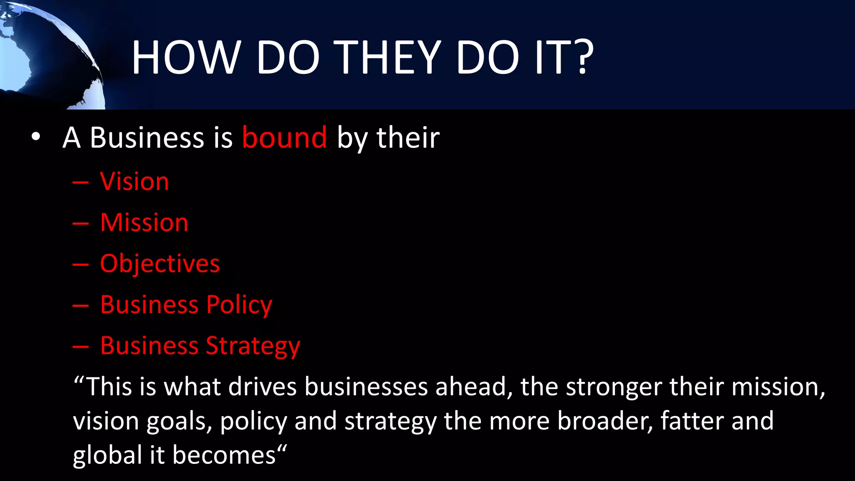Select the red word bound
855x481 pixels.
click(x=285, y=137)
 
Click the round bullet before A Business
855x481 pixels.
click(x=36, y=137)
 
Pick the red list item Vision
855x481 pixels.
click(x=134, y=182)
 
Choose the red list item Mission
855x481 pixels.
click(x=144, y=223)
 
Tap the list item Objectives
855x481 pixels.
click(x=160, y=264)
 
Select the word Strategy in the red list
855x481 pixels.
click(x=253, y=346)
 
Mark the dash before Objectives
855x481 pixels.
click(x=80, y=265)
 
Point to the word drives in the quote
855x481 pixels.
click(x=262, y=387)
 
